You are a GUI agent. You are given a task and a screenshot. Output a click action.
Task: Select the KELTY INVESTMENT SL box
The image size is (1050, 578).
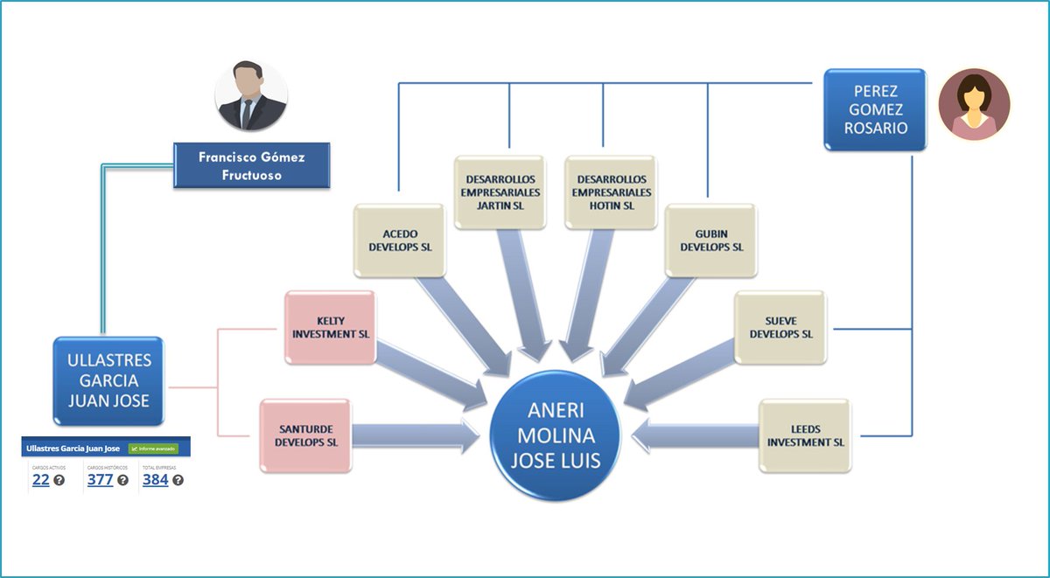pyautogui.click(x=331, y=327)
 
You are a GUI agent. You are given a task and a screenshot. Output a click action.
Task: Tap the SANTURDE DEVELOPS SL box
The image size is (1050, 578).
pyautogui.click(x=305, y=435)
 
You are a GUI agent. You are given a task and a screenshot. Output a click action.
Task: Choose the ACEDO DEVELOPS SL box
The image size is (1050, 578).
pyautogui.click(x=400, y=240)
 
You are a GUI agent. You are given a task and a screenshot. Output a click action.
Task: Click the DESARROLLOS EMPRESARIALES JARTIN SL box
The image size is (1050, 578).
pyautogui.click(x=500, y=192)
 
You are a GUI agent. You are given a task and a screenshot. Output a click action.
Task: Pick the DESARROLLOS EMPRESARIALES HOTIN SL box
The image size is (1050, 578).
pyautogui.click(x=611, y=192)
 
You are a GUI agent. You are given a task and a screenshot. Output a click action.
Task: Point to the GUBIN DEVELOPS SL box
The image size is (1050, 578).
pyautogui.click(x=710, y=240)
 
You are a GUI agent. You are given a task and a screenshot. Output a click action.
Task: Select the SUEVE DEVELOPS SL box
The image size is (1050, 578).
pyautogui.click(x=780, y=327)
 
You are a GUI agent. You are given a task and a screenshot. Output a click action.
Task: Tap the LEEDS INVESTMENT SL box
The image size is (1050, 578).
pyautogui.click(x=805, y=435)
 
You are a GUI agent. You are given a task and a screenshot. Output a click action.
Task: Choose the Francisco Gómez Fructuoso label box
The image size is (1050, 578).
pyautogui.click(x=251, y=165)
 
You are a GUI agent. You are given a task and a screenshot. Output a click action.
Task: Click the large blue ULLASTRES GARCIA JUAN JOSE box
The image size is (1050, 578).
pyautogui.click(x=108, y=380)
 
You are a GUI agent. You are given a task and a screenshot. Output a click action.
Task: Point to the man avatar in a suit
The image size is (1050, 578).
pyautogui.click(x=251, y=97)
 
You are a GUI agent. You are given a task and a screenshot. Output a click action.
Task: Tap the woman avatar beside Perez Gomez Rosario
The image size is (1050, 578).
pyautogui.click(x=974, y=105)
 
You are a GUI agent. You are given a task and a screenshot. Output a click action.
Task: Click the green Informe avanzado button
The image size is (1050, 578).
pyautogui.click(x=153, y=449)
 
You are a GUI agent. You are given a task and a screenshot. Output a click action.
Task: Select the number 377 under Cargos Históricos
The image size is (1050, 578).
pyautogui.click(x=100, y=479)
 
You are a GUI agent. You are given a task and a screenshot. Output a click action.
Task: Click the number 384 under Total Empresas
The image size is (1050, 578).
pyautogui.click(x=155, y=479)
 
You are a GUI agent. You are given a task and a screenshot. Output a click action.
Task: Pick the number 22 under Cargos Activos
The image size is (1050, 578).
pyautogui.click(x=40, y=479)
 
